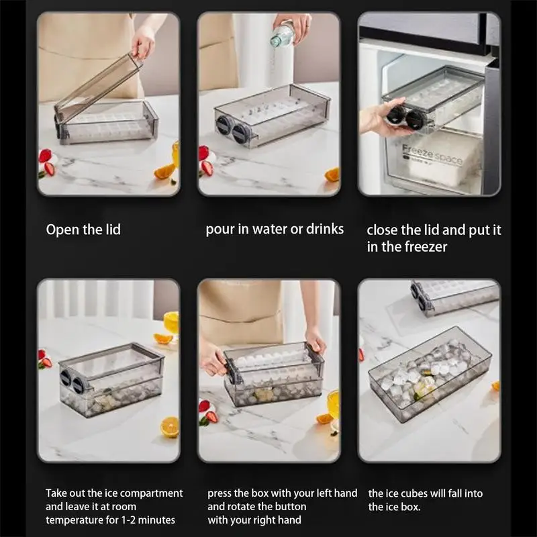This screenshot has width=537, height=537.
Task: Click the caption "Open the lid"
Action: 83,230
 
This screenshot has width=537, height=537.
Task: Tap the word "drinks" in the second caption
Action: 325,229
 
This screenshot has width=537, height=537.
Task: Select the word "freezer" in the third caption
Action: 426,246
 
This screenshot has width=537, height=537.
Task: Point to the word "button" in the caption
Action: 289,507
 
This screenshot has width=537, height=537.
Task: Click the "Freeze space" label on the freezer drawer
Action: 432,154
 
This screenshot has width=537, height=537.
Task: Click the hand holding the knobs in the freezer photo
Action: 380,116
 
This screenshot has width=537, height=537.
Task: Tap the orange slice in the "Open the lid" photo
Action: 164,171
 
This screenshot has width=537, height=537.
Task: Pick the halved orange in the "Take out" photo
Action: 170,427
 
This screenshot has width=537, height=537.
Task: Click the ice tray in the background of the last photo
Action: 456,297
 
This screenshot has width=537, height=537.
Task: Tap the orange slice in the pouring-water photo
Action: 332,175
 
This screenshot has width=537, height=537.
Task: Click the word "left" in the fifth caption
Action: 325,493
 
